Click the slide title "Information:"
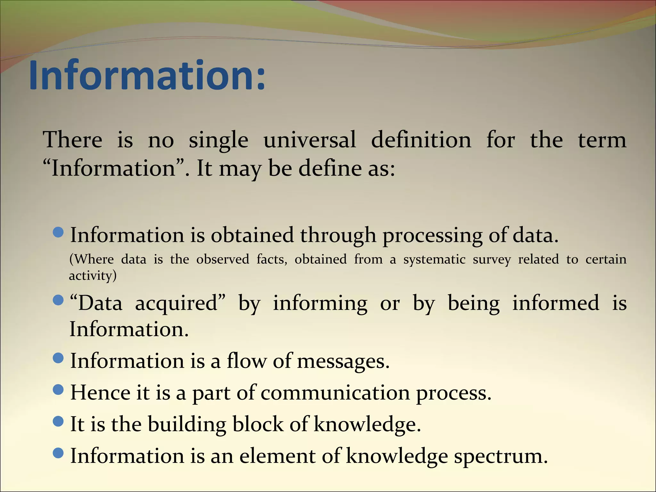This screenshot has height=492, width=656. (x=147, y=76)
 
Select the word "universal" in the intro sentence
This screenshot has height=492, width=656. (x=309, y=140)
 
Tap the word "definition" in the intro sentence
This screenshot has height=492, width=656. (x=421, y=140)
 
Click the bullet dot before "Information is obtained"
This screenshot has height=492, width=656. (x=58, y=232)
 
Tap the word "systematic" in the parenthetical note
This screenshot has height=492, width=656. (x=434, y=259)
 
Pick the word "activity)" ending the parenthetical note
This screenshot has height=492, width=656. (x=93, y=276)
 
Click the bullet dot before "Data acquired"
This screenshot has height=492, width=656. (x=58, y=300)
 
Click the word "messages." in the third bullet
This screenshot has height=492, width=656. (x=343, y=361)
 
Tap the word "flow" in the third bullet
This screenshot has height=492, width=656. (x=246, y=361)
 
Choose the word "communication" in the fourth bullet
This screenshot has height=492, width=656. (x=335, y=393)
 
